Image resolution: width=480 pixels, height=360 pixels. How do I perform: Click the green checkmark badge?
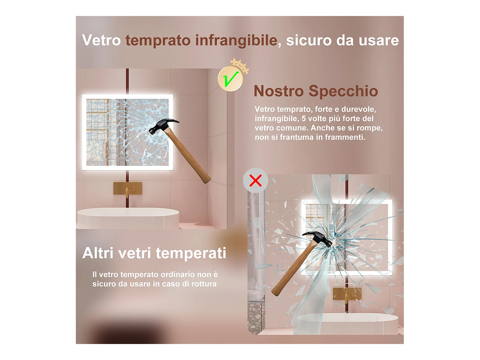230,79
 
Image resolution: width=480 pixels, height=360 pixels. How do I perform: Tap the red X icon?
255,180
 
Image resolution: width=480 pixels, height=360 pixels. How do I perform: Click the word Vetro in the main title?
101,40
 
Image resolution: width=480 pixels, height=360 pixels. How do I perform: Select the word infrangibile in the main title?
236,40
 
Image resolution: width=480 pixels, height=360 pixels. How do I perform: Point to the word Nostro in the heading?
278,91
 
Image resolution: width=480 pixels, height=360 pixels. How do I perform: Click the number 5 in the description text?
304,119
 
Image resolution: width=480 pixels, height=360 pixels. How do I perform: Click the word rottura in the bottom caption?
204,284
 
